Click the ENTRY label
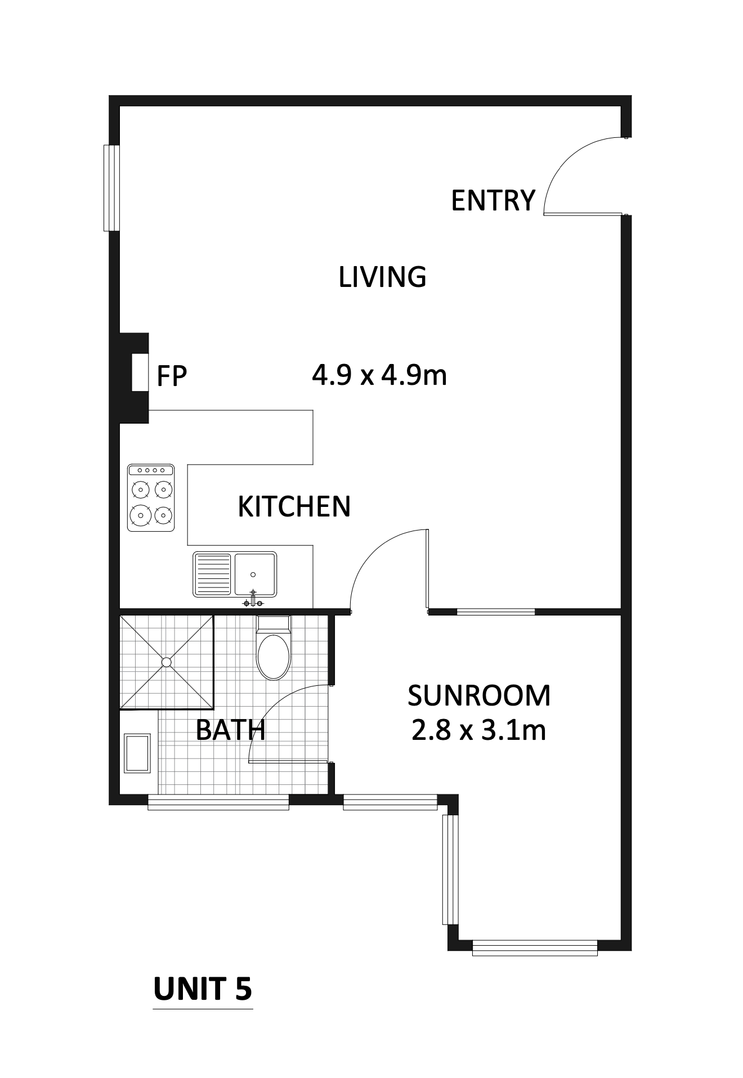click(x=493, y=201)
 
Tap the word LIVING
click(x=382, y=277)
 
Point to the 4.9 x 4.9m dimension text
click(x=379, y=375)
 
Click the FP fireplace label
click(x=172, y=376)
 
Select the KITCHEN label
click(x=294, y=506)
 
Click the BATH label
click(x=230, y=730)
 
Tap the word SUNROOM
click(x=479, y=695)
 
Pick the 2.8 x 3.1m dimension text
click(x=479, y=731)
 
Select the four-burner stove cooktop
click(x=151, y=497)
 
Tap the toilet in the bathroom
click(x=274, y=648)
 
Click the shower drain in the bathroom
click(x=167, y=662)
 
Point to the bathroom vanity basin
click(x=137, y=753)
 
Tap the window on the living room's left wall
click(x=112, y=188)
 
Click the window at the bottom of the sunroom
click(x=535, y=948)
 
